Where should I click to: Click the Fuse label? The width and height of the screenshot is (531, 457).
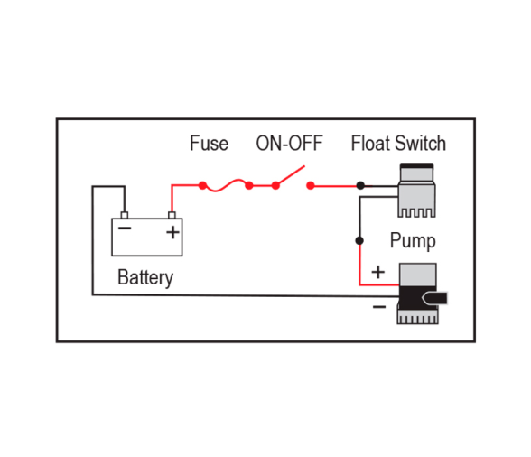209,143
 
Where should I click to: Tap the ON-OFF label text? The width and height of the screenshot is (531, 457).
289,143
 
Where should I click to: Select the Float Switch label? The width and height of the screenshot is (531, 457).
398,143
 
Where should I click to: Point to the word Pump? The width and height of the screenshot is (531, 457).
413,241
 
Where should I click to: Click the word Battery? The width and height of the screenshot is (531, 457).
145,278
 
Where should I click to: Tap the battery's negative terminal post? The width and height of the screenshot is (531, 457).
125,216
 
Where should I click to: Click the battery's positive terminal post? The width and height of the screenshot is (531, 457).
172,216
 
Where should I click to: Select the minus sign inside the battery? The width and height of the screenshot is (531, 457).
125,228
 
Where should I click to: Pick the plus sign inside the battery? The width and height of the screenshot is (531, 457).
172,232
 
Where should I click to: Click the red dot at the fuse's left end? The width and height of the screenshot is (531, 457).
202,185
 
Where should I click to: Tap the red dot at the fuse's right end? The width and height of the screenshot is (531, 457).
249,185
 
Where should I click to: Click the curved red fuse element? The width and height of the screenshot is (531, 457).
226,185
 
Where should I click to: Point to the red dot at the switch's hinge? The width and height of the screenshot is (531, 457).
275,185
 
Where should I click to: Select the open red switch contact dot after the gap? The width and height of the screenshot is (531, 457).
311,185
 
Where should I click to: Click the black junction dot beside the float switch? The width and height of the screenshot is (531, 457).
360,185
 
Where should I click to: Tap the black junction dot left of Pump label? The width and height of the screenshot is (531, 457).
359,240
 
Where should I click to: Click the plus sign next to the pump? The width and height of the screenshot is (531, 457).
377,272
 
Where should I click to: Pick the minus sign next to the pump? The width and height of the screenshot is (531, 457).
379,307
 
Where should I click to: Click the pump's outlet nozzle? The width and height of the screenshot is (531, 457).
434,298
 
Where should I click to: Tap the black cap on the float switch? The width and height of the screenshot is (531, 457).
416,166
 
